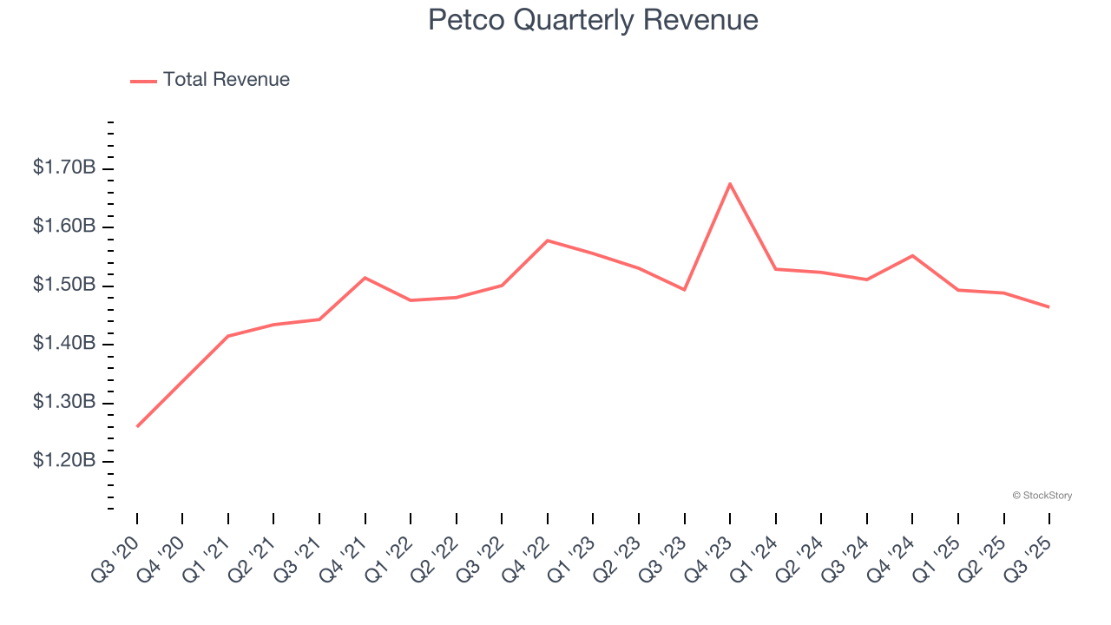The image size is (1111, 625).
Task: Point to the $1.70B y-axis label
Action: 64,168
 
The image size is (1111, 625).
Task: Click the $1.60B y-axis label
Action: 64,227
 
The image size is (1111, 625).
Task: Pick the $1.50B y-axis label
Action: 64,286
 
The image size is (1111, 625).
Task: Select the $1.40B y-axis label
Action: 64,344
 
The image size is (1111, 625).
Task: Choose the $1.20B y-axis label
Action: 64,461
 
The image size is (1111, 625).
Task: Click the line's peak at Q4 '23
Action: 730,183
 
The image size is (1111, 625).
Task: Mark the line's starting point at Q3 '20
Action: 137,426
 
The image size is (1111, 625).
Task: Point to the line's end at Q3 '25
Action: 1049,307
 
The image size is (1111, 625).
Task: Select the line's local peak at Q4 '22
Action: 548,240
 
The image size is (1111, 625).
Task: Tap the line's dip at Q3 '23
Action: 685,290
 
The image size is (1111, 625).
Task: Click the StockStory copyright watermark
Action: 1042,496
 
